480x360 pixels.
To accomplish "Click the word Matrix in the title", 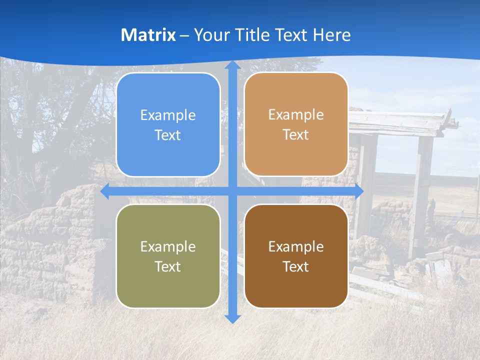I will (x=148, y=35).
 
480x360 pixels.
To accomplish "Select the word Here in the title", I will (x=332, y=35).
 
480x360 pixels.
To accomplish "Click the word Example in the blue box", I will (x=168, y=115).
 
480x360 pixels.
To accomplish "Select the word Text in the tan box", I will (x=296, y=135).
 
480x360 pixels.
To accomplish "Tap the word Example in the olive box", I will (x=168, y=246).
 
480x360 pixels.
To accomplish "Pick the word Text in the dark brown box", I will (x=296, y=266).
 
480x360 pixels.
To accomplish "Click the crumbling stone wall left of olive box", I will (x=55, y=240).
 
